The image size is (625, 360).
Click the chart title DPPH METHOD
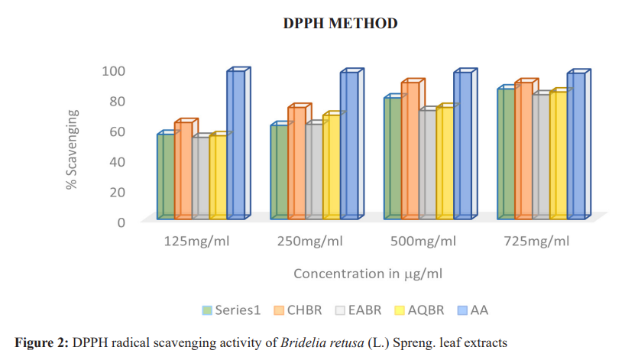tap(340, 24)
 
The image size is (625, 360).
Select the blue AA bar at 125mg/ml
tap(235, 145)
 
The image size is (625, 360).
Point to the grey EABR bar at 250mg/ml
tap(313, 172)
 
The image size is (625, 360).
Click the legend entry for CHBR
tap(297, 310)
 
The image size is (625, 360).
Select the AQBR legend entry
tap(419, 310)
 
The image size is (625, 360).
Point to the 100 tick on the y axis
tap(113, 70)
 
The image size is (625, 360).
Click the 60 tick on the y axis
tap(116, 131)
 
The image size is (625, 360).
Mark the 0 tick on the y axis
tap(121, 222)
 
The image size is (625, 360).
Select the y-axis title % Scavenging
tap(73, 149)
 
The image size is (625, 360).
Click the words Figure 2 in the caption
tap(41, 341)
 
